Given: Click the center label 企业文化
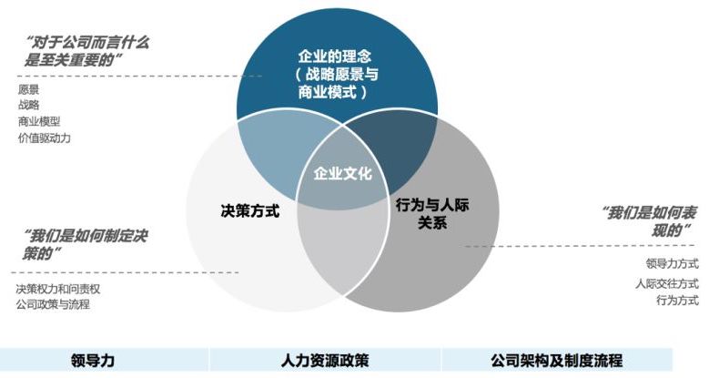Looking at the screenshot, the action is click(342, 173).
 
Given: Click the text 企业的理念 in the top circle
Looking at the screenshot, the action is click(339, 56).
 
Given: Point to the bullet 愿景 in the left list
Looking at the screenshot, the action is click(28, 89).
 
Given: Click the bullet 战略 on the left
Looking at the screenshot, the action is click(28, 105).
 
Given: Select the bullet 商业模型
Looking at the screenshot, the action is click(38, 121).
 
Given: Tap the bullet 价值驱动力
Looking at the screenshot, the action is click(44, 138).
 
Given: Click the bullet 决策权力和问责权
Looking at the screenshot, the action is click(57, 289).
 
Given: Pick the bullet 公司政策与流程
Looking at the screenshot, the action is click(53, 304).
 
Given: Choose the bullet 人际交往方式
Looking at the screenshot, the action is click(666, 283).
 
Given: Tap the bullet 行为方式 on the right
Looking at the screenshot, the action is click(676, 301).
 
